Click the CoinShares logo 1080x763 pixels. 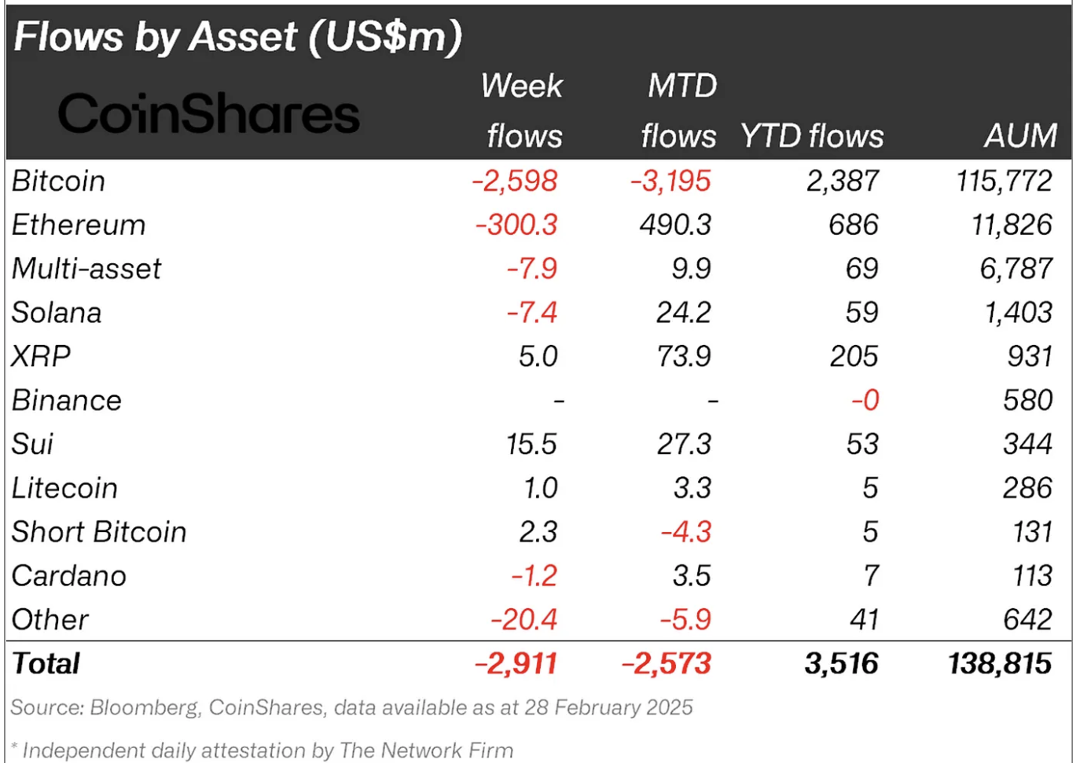point(208,114)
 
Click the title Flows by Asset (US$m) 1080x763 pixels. point(237,37)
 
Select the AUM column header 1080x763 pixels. point(1020,136)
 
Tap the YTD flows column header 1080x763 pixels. point(811,136)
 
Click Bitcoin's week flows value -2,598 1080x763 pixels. point(515,182)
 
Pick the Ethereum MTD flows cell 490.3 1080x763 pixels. point(675,226)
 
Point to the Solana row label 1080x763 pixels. point(57,313)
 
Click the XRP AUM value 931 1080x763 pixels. point(1029,357)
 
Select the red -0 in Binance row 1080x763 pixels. point(865,401)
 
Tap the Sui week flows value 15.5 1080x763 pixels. point(531,444)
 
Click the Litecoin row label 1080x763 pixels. point(64,488)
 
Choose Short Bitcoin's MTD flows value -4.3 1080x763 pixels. point(685,532)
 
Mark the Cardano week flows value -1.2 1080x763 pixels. point(534,576)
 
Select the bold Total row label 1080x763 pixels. point(46,664)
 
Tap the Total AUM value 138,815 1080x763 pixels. point(999,664)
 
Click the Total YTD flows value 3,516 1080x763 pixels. point(841,664)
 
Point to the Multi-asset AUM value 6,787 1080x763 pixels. point(1016,269)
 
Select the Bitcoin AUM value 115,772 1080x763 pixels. point(1004,182)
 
